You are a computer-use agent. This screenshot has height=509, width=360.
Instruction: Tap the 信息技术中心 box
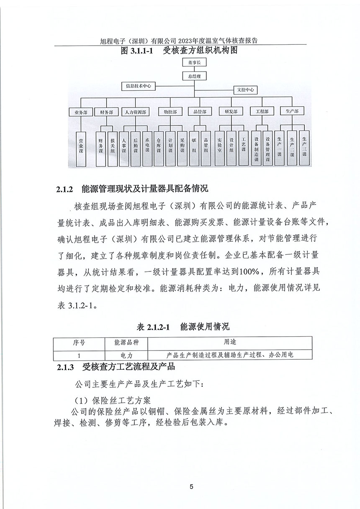(x=138, y=86)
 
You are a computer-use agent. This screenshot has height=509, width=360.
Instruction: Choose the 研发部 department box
(x=231, y=112)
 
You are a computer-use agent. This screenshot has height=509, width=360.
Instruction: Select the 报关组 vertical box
(x=113, y=146)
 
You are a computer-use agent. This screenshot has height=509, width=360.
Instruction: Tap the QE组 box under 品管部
(x=194, y=146)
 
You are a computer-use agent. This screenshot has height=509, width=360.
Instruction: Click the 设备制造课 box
(x=256, y=148)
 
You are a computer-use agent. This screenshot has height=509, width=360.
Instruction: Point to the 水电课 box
(x=147, y=146)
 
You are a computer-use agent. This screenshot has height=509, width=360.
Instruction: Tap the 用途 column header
(x=230, y=342)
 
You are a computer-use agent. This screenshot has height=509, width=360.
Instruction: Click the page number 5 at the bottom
(x=191, y=486)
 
